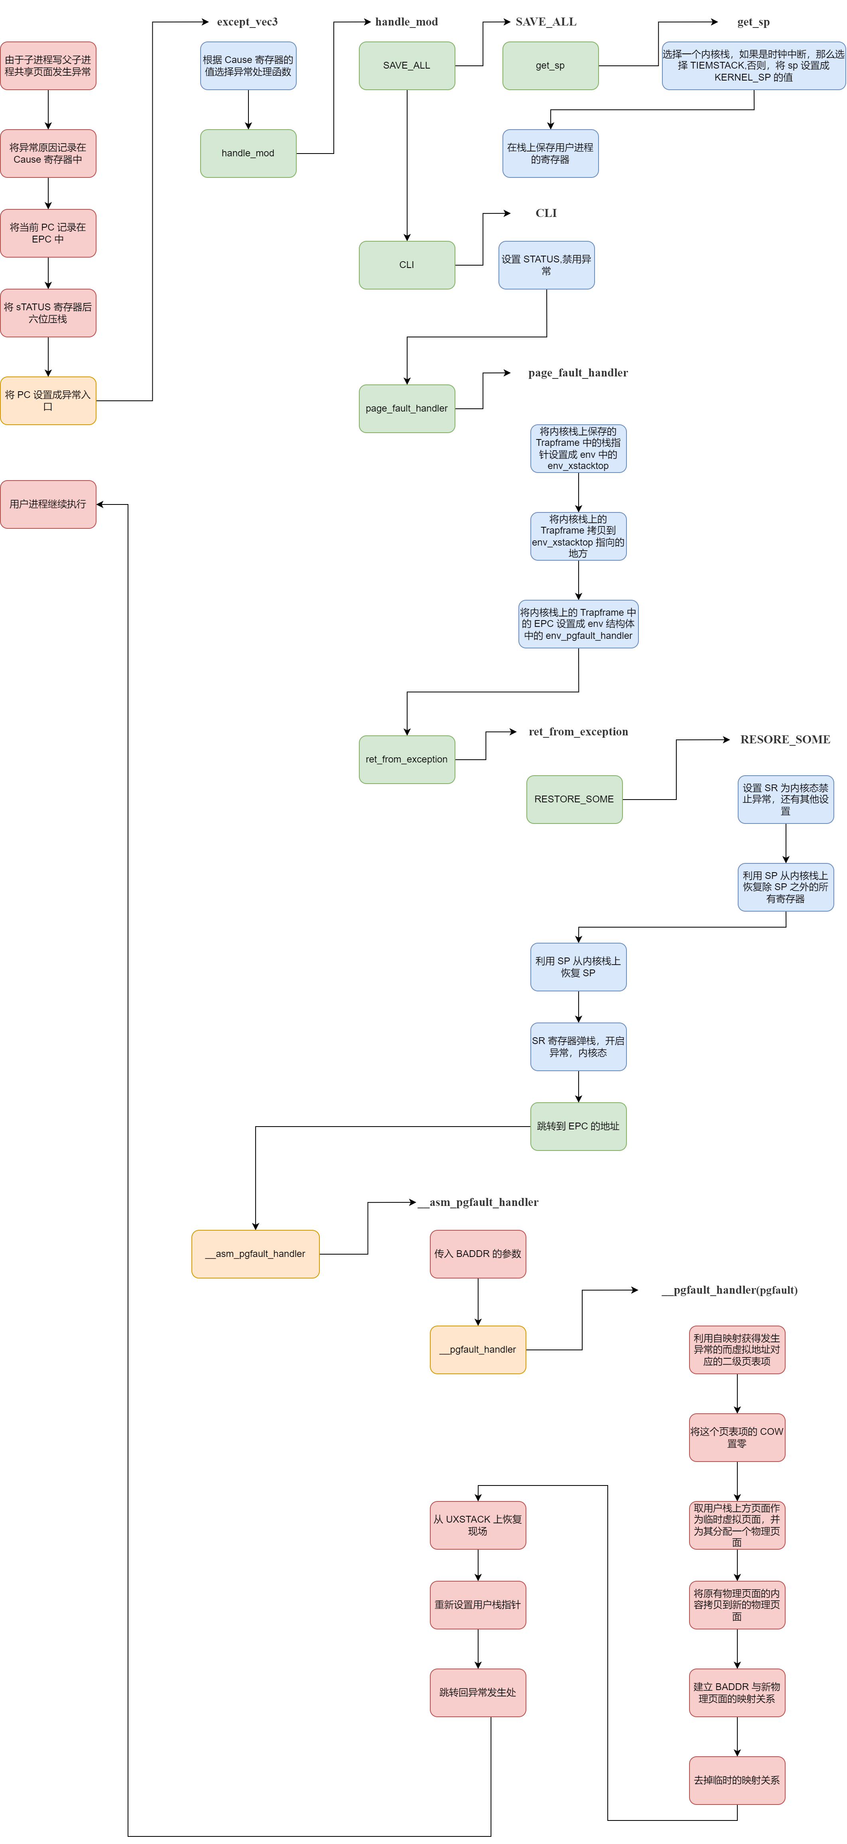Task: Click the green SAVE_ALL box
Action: pyautogui.click(x=407, y=66)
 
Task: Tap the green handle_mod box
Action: pyautogui.click(x=248, y=153)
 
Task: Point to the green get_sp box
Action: pyautogui.click(x=550, y=66)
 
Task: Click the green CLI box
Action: pyautogui.click(x=407, y=265)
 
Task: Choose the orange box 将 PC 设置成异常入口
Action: pyautogui.click(x=48, y=401)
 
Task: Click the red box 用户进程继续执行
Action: pyautogui.click(x=48, y=504)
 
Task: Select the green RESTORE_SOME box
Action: pyautogui.click(x=574, y=800)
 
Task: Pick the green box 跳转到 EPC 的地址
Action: pyautogui.click(x=579, y=1127)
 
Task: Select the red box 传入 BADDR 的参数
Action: pyautogui.click(x=478, y=1254)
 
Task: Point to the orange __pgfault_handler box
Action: pyautogui.click(x=478, y=1350)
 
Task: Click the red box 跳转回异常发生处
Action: pyautogui.click(x=478, y=1693)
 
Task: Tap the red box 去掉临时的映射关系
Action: pyautogui.click(x=737, y=1780)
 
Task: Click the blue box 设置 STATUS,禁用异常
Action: pyautogui.click(x=546, y=265)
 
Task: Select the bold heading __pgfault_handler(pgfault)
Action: pyautogui.click(x=730, y=1290)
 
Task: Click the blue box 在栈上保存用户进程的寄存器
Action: pyautogui.click(x=550, y=153)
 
